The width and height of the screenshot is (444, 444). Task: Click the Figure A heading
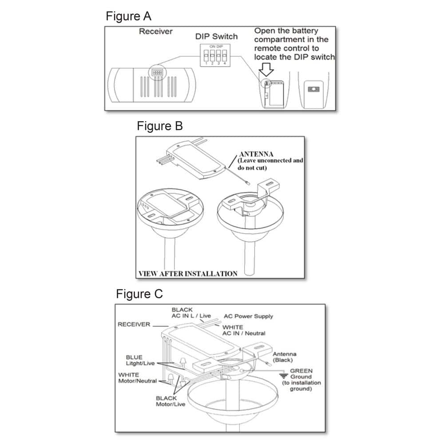[x=128, y=16]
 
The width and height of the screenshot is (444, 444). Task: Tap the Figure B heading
[x=159, y=126]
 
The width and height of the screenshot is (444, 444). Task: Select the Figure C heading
[x=139, y=294]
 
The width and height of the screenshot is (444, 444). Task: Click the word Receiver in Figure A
[x=156, y=32]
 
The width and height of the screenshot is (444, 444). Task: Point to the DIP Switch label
[x=216, y=36]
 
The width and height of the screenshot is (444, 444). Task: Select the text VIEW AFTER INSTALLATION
[x=188, y=274]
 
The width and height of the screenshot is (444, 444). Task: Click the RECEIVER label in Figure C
[x=134, y=324]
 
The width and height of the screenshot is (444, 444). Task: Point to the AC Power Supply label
[x=248, y=316]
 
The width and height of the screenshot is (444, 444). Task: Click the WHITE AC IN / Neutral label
[x=243, y=330]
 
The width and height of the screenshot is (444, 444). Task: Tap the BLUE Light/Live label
[x=140, y=360]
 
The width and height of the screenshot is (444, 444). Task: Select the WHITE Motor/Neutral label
[x=137, y=378]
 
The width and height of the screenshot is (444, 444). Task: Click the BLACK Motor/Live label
[x=170, y=401]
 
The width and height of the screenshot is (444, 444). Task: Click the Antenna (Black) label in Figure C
[x=284, y=357]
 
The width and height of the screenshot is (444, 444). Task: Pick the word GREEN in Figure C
[x=301, y=371]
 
